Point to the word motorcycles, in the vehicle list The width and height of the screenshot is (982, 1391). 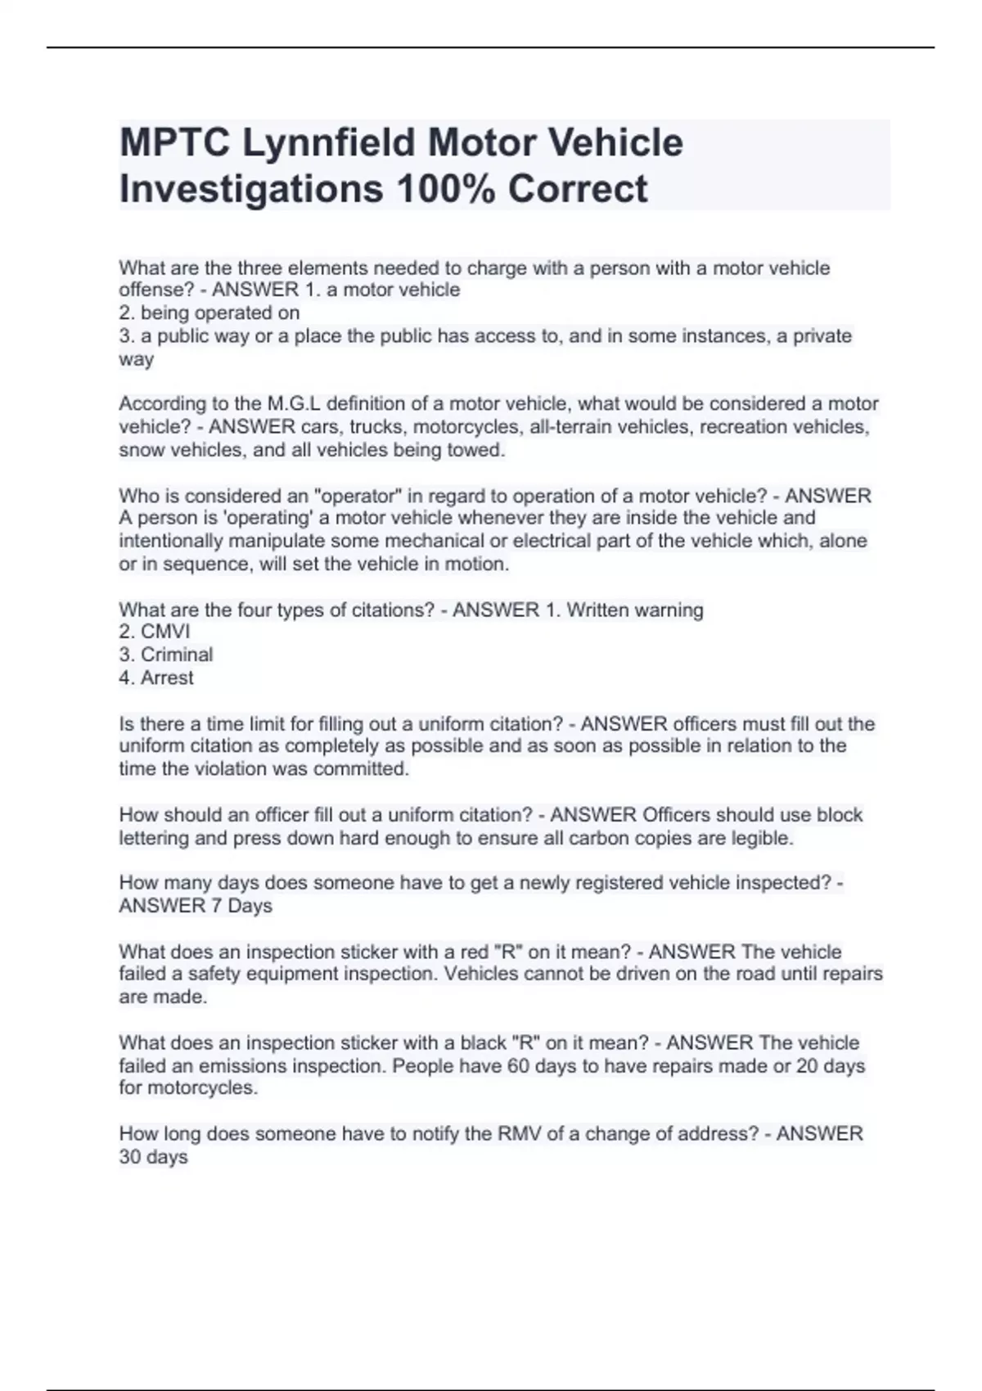(471, 427)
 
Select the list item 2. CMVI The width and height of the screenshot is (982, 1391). (155, 632)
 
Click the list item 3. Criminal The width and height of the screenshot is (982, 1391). (166, 655)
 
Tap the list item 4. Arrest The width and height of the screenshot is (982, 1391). (156, 677)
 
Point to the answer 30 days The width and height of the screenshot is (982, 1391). (154, 1157)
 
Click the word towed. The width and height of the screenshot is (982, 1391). (479, 450)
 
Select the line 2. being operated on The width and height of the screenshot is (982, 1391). (209, 313)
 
